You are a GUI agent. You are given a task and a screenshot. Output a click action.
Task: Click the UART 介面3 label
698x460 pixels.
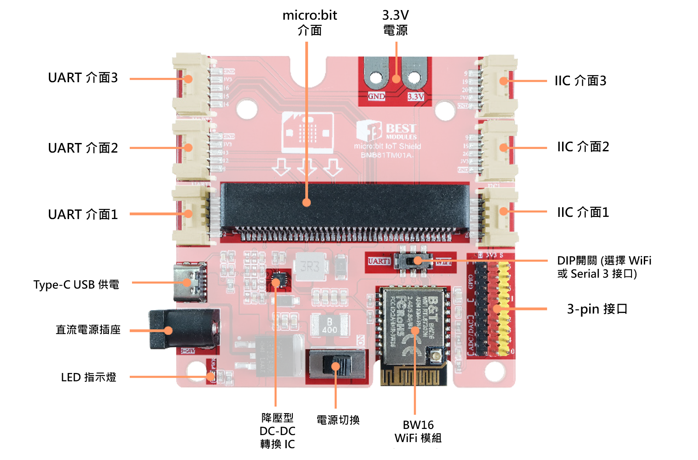(x=83, y=78)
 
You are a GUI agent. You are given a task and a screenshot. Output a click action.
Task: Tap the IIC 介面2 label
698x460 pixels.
(x=583, y=147)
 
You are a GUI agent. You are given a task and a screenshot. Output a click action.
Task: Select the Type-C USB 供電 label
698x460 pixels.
(x=76, y=285)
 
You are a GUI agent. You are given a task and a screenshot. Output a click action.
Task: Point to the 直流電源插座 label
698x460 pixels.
(x=88, y=330)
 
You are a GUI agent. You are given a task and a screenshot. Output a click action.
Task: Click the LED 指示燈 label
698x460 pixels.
(x=89, y=377)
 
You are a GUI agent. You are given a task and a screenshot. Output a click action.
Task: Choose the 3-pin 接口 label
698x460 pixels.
(x=597, y=309)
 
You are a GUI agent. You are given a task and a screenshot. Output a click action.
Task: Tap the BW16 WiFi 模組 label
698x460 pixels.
(x=418, y=431)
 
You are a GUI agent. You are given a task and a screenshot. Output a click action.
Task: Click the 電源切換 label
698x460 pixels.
(x=338, y=420)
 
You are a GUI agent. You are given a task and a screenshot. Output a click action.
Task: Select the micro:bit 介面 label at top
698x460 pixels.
(x=309, y=23)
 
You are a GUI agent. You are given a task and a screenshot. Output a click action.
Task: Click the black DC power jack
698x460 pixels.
(x=184, y=329)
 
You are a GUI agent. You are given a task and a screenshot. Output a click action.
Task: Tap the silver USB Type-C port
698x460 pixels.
(x=190, y=282)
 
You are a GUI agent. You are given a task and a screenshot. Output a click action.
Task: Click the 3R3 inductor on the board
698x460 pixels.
(x=310, y=266)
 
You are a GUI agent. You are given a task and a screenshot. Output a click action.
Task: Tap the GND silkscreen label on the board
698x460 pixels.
(x=376, y=96)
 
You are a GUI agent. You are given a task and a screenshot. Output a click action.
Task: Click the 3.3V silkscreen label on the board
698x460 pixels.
(x=416, y=97)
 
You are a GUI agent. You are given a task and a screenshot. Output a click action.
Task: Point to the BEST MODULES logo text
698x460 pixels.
(x=401, y=130)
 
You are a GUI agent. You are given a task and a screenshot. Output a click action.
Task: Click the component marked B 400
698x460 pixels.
(x=330, y=325)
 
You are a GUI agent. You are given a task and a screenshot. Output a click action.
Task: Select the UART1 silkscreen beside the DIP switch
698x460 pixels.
(x=379, y=261)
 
